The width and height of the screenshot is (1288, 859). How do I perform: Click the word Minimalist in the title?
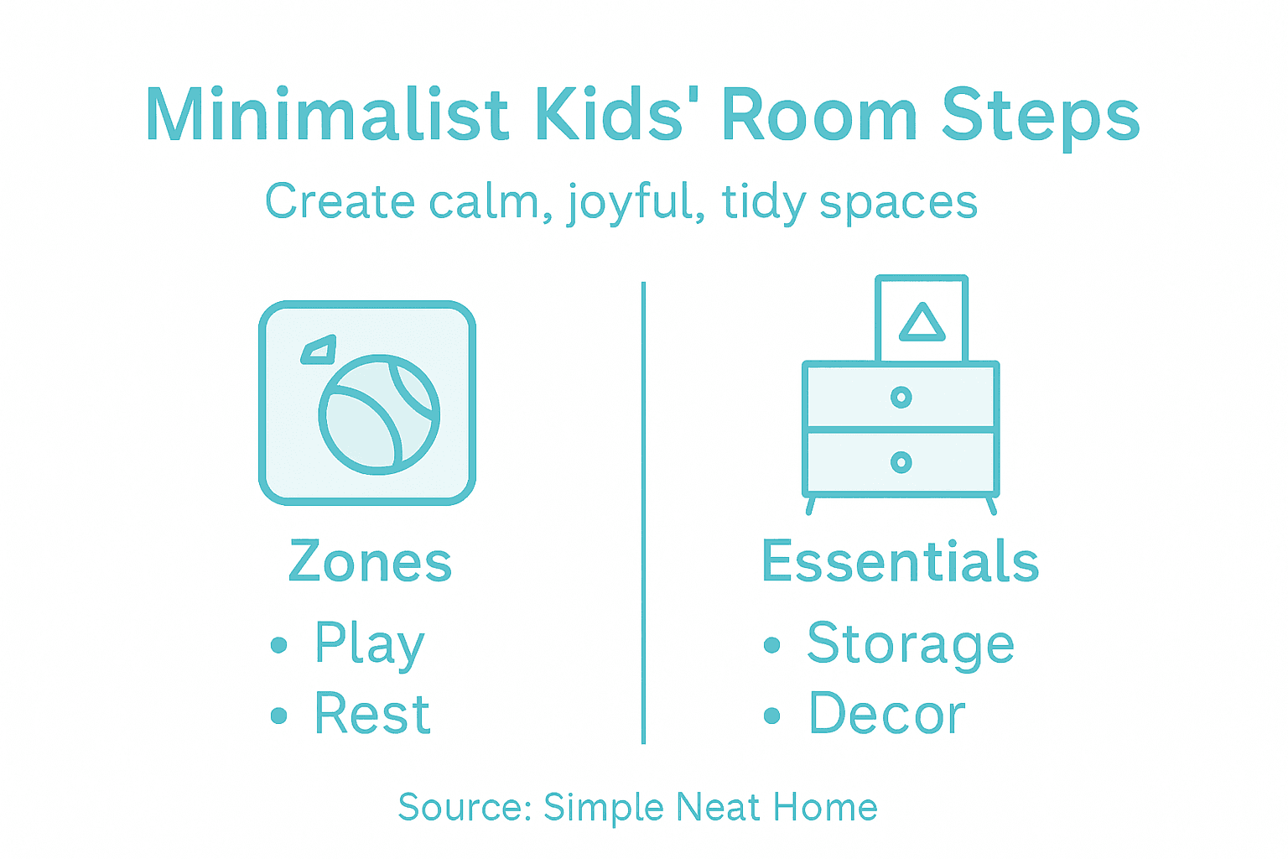click(x=327, y=116)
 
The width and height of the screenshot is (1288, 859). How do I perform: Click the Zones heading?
click(x=370, y=561)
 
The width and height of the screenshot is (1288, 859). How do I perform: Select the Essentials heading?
click(x=900, y=561)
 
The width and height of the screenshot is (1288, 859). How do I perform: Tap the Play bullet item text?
click(x=370, y=644)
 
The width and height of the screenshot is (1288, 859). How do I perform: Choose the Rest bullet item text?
click(x=372, y=715)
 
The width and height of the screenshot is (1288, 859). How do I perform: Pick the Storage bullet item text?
click(x=911, y=644)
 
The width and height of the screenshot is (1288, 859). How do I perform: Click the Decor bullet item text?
click(x=887, y=715)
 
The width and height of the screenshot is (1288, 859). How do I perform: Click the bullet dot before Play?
click(x=279, y=645)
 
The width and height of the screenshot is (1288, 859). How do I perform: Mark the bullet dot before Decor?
click(x=772, y=716)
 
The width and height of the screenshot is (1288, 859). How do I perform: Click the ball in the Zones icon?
click(x=379, y=414)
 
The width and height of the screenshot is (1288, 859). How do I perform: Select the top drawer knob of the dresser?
click(x=901, y=397)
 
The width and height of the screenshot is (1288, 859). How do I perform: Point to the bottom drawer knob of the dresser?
click(x=901, y=462)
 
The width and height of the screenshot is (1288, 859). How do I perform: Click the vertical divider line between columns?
click(x=643, y=512)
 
